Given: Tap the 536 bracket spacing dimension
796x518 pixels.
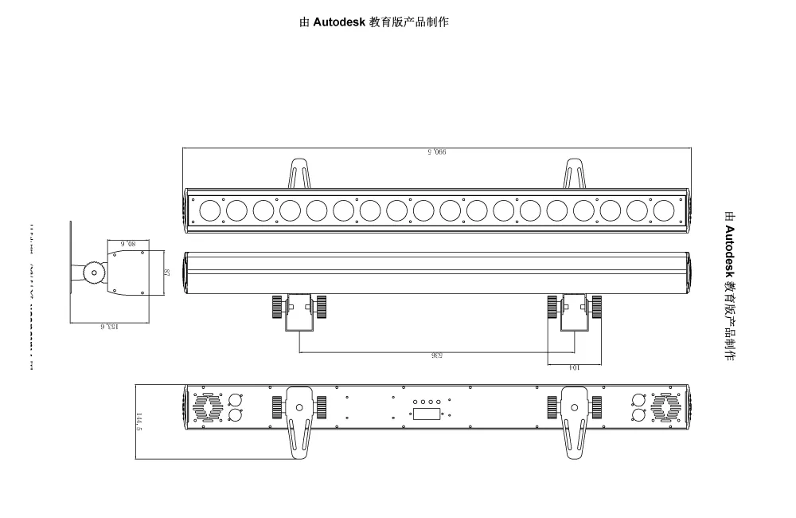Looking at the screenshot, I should (x=437, y=356).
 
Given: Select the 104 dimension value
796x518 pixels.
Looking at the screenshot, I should (x=572, y=368).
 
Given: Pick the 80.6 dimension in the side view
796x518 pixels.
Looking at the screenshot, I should (x=129, y=241).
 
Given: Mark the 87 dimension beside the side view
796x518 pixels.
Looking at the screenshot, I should (x=166, y=273).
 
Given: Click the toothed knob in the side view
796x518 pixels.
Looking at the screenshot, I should (x=95, y=273).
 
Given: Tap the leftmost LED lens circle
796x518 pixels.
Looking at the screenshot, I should (x=210, y=210).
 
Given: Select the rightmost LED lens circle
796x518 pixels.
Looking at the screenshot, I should (x=663, y=210).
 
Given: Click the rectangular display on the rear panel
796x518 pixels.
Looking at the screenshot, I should (x=427, y=414).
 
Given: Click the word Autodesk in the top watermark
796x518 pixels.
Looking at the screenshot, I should (x=338, y=22).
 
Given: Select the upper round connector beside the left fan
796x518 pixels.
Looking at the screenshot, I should (x=236, y=400).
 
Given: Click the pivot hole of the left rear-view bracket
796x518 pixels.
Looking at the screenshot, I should (x=299, y=407).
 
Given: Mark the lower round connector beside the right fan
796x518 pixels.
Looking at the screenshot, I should (x=638, y=415).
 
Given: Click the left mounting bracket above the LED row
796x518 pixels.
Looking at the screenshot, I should (x=299, y=173).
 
